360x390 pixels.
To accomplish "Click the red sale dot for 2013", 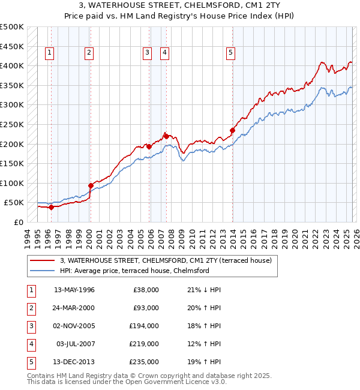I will (x=232, y=130).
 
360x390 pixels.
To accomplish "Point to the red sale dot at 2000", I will (x=91, y=185).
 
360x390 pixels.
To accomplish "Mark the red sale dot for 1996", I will (x=51, y=207).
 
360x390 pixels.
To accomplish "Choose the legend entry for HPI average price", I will (x=134, y=271).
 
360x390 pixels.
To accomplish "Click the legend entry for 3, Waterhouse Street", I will (x=166, y=260).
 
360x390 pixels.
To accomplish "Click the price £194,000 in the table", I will (x=143, y=326).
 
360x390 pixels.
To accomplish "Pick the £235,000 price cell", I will (x=143, y=362).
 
